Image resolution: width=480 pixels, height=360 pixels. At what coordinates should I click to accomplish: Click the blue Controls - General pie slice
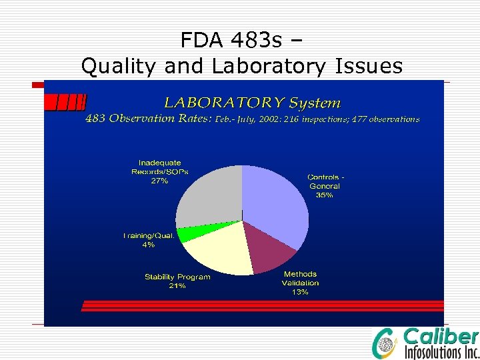[x=277, y=200]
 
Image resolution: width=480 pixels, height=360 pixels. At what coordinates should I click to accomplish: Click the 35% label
[x=325, y=195]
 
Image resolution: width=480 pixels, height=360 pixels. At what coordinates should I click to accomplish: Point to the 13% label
[x=300, y=292]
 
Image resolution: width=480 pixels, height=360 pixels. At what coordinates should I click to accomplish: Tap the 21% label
[x=177, y=286]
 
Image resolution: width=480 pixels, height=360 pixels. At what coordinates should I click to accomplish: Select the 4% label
[x=148, y=245]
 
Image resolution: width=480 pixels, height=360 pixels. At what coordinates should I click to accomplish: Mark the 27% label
[x=159, y=181]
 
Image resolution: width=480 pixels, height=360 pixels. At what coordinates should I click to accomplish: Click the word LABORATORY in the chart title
[x=225, y=103]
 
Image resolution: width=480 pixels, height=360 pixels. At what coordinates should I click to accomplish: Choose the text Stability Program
[x=177, y=277]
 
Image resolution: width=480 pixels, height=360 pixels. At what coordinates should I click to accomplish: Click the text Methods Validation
[x=300, y=279]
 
